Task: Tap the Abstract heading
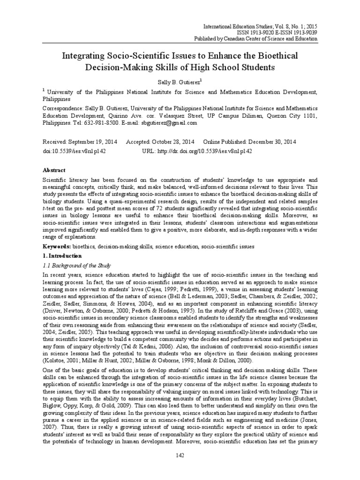[54, 170]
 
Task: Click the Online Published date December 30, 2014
[263, 142]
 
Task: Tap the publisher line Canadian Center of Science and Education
[275, 39]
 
